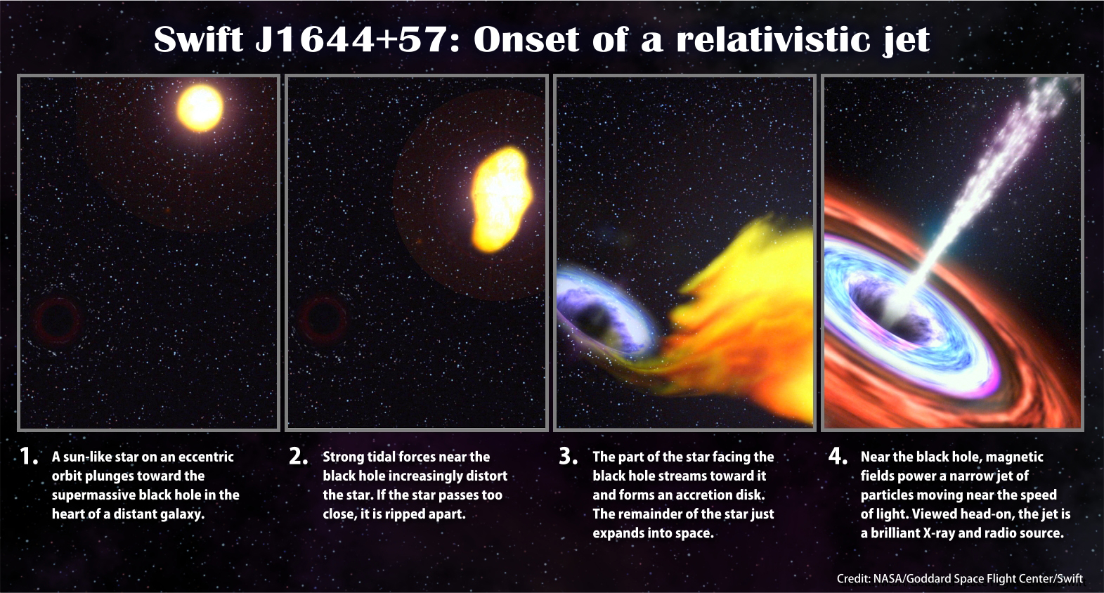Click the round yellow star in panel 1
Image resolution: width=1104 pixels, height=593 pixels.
tap(200, 108)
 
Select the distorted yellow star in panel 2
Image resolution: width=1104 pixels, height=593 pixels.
tap(501, 199)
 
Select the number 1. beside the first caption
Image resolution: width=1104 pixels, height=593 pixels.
tap(29, 457)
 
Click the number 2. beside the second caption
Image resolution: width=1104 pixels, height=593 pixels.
tap(299, 457)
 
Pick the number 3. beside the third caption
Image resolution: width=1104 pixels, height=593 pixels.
tap(569, 457)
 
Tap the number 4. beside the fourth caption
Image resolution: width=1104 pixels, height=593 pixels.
tap(838, 457)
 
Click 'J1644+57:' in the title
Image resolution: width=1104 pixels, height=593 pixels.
tap(357, 39)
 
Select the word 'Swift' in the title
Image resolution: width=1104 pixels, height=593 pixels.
tap(199, 39)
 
